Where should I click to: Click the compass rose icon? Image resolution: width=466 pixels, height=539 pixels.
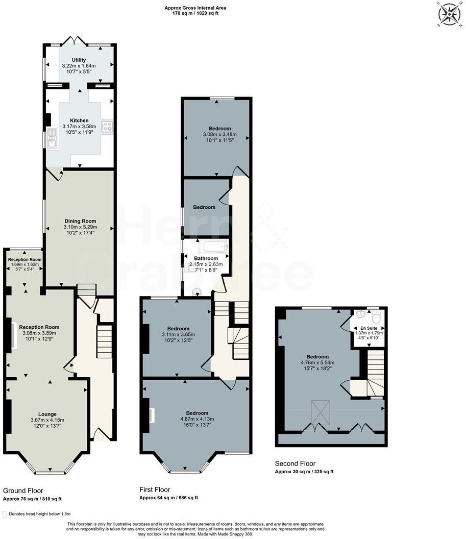pos(449,14)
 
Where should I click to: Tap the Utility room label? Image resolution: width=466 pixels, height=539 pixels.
pos(79,60)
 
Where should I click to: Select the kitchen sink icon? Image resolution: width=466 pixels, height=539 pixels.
pos(51,138)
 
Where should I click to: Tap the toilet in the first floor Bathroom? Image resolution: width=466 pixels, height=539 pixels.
pos(198,292)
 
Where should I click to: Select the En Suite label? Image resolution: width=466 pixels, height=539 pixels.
pos(369,328)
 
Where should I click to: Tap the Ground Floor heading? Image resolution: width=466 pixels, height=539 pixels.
pos(23,491)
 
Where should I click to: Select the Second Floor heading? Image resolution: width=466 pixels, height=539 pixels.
pos(295,463)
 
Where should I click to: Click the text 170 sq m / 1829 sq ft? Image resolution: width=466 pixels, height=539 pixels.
pos(195,13)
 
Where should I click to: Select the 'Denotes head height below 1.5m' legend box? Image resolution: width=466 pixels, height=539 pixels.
pos(5,514)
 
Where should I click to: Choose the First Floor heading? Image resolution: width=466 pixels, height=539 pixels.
pos(155,489)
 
